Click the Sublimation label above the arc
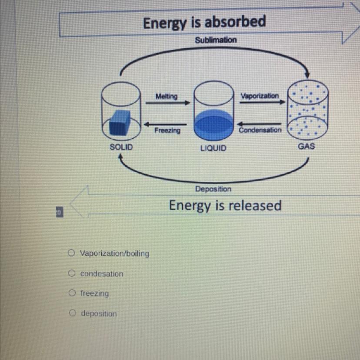click(216, 40)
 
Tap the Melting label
click(167, 96)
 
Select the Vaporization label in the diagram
click(260, 95)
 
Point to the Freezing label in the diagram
click(167, 130)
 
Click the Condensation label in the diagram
click(260, 130)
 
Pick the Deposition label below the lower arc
click(213, 189)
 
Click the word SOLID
click(121, 147)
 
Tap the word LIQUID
click(213, 148)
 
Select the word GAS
click(306, 147)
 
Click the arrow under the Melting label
click(168, 103)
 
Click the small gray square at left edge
click(59, 213)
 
